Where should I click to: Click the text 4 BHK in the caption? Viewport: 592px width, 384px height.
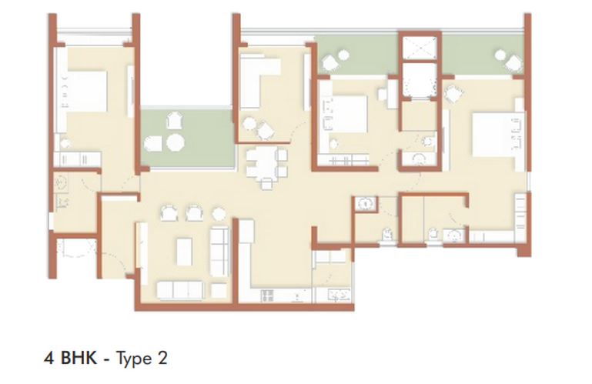[x=70, y=358]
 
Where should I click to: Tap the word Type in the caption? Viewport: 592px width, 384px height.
[x=132, y=359]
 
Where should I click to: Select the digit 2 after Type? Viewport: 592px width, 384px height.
[x=162, y=358]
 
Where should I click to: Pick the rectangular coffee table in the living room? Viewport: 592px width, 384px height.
[x=184, y=252]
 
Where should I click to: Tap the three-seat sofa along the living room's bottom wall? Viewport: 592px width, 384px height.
[x=180, y=291]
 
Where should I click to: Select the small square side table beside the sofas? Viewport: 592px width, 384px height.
[x=219, y=291]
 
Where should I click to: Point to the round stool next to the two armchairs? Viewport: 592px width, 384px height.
[x=219, y=214]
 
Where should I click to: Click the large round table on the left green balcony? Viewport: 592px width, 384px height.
[x=176, y=142]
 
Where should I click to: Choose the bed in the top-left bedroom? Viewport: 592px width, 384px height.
[x=86, y=92]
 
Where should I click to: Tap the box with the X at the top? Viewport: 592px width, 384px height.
[x=420, y=48]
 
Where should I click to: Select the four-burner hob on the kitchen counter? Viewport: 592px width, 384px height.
[x=268, y=296]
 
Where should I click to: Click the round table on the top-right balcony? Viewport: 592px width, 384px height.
[x=500, y=55]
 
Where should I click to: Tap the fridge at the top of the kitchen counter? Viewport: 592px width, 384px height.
[x=246, y=231]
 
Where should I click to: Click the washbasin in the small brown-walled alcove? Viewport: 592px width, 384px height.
[x=366, y=203]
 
